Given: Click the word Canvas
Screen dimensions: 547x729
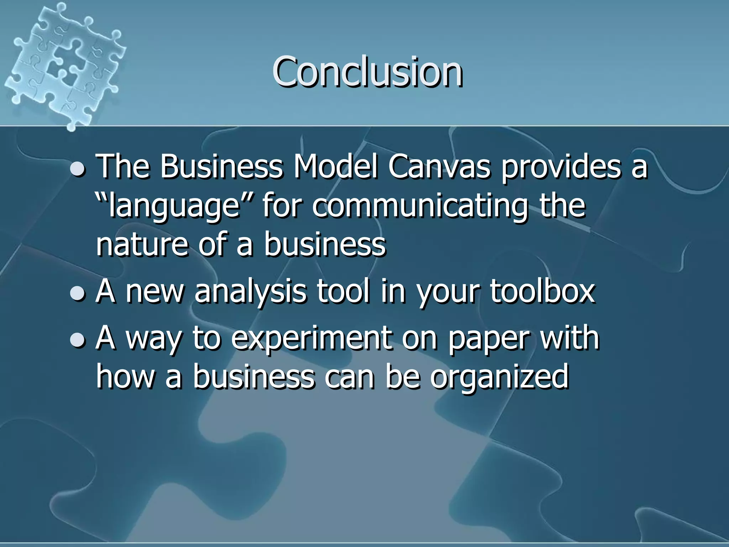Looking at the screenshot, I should [439, 167].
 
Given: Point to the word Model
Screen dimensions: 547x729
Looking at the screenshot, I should [335, 167].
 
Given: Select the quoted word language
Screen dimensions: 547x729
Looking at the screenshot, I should [174, 207].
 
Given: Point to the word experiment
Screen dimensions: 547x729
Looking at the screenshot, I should [311, 338].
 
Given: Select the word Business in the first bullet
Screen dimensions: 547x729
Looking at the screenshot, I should [221, 167].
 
